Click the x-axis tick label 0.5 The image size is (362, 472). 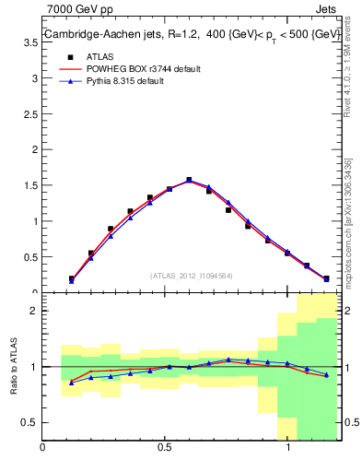coord(165,449)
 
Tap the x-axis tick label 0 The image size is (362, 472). coord(42,449)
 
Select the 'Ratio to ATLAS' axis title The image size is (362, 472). coord(12,367)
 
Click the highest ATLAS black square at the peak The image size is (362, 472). coord(189,181)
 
